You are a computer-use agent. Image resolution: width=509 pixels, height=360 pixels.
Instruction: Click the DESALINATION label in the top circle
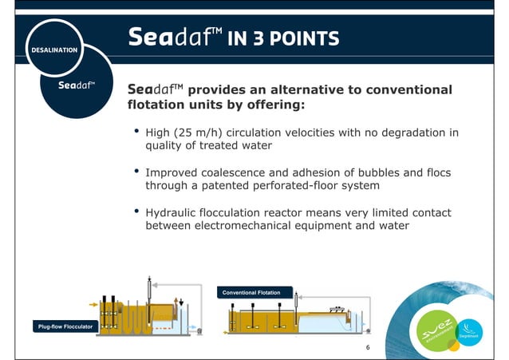point(54,49)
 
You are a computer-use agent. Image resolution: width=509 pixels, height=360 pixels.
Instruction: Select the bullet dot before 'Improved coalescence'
point(136,172)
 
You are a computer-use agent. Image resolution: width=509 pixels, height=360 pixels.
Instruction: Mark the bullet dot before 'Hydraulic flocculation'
point(136,212)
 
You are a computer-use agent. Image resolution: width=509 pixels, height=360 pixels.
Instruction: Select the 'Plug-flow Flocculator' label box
point(64,326)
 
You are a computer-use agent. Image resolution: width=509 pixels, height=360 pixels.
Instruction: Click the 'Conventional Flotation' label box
point(251,293)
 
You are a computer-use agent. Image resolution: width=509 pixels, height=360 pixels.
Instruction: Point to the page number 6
point(368,349)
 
